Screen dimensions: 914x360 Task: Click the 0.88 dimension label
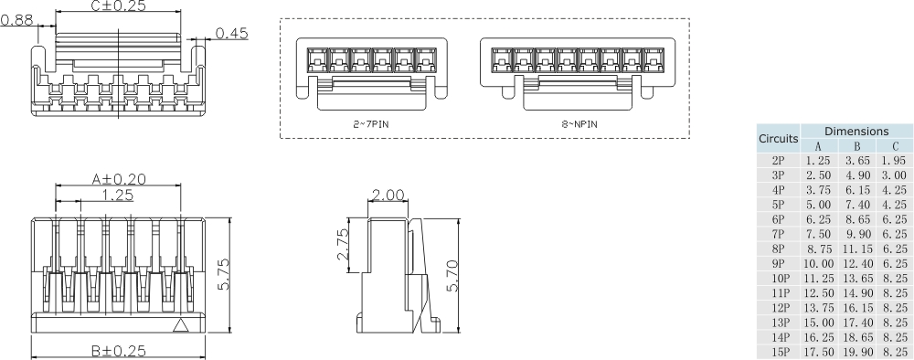17,21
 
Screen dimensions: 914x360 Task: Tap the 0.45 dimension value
231,33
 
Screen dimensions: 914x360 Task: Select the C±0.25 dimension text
118,5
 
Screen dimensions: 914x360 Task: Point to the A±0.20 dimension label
118,179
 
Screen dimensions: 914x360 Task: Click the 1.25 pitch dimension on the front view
117,196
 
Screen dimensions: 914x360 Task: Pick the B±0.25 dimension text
118,351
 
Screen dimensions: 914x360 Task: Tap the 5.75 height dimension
223,277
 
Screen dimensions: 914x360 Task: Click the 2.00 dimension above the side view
388,195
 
